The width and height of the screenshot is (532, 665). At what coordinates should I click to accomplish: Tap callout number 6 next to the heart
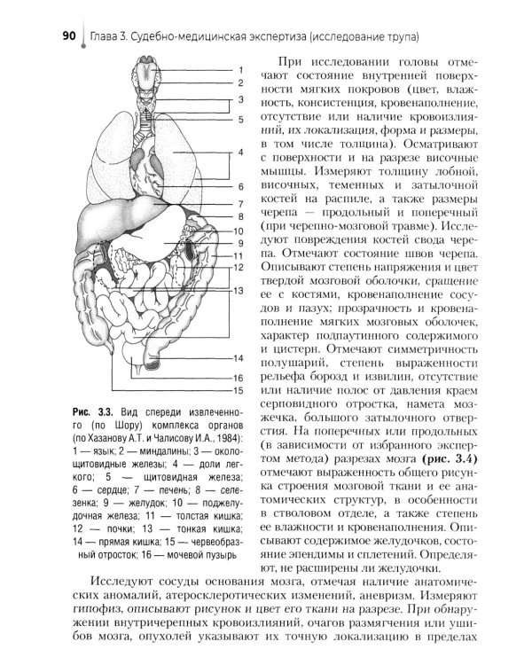point(239,187)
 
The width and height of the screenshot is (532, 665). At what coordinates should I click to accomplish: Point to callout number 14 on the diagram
point(239,358)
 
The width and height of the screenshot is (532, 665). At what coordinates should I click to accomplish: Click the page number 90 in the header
point(69,36)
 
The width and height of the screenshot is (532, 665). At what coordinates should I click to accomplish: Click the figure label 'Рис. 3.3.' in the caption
point(94,413)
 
